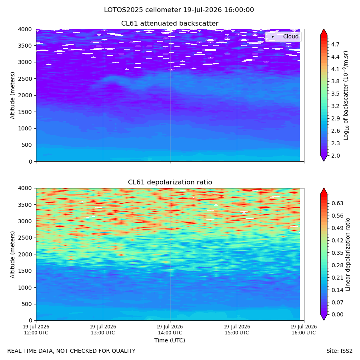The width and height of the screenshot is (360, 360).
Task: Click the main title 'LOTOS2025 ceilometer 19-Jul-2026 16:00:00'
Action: tap(179, 10)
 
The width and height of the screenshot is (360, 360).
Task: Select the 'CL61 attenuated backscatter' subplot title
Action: tap(170, 24)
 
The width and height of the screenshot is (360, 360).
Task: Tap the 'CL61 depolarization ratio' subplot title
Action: tap(170, 182)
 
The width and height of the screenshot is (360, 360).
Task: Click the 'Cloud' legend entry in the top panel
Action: tap(291, 36)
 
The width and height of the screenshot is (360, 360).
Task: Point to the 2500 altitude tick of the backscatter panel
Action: tap(25, 79)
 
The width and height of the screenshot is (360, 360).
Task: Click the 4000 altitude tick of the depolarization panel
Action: tap(25, 188)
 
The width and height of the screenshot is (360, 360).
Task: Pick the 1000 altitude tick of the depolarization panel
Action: tap(25, 288)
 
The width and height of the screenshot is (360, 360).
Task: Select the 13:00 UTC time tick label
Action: tap(103, 330)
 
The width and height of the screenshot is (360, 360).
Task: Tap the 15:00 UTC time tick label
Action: tap(237, 330)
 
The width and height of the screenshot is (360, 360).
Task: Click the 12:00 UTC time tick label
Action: tap(36, 330)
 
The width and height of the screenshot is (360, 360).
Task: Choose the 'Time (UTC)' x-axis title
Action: tap(170, 340)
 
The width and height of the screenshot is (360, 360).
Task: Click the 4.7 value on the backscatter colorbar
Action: tap(335, 44)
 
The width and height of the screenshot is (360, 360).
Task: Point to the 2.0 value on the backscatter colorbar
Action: tap(335, 156)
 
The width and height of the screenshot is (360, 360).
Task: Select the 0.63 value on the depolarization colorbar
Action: tap(338, 204)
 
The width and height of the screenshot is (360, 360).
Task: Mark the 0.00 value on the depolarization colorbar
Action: tap(338, 314)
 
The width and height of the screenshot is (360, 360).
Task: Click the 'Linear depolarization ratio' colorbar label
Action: tap(348, 254)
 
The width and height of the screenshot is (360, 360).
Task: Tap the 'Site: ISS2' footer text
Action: tap(339, 351)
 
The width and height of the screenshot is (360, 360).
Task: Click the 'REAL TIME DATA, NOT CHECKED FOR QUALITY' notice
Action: tap(72, 351)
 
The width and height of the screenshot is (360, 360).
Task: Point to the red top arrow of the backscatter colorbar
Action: tap(324, 32)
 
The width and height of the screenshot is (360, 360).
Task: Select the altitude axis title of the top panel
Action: tap(12, 96)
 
